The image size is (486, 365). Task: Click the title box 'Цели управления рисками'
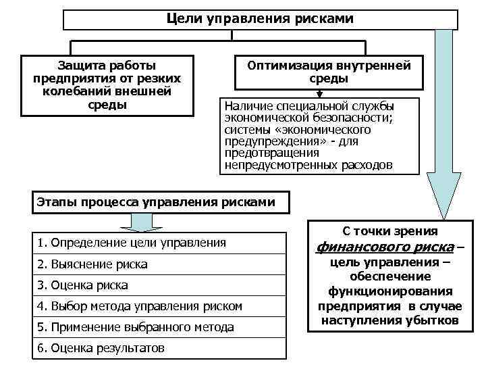point(260,18)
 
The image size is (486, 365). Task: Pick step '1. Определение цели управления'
point(132,242)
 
